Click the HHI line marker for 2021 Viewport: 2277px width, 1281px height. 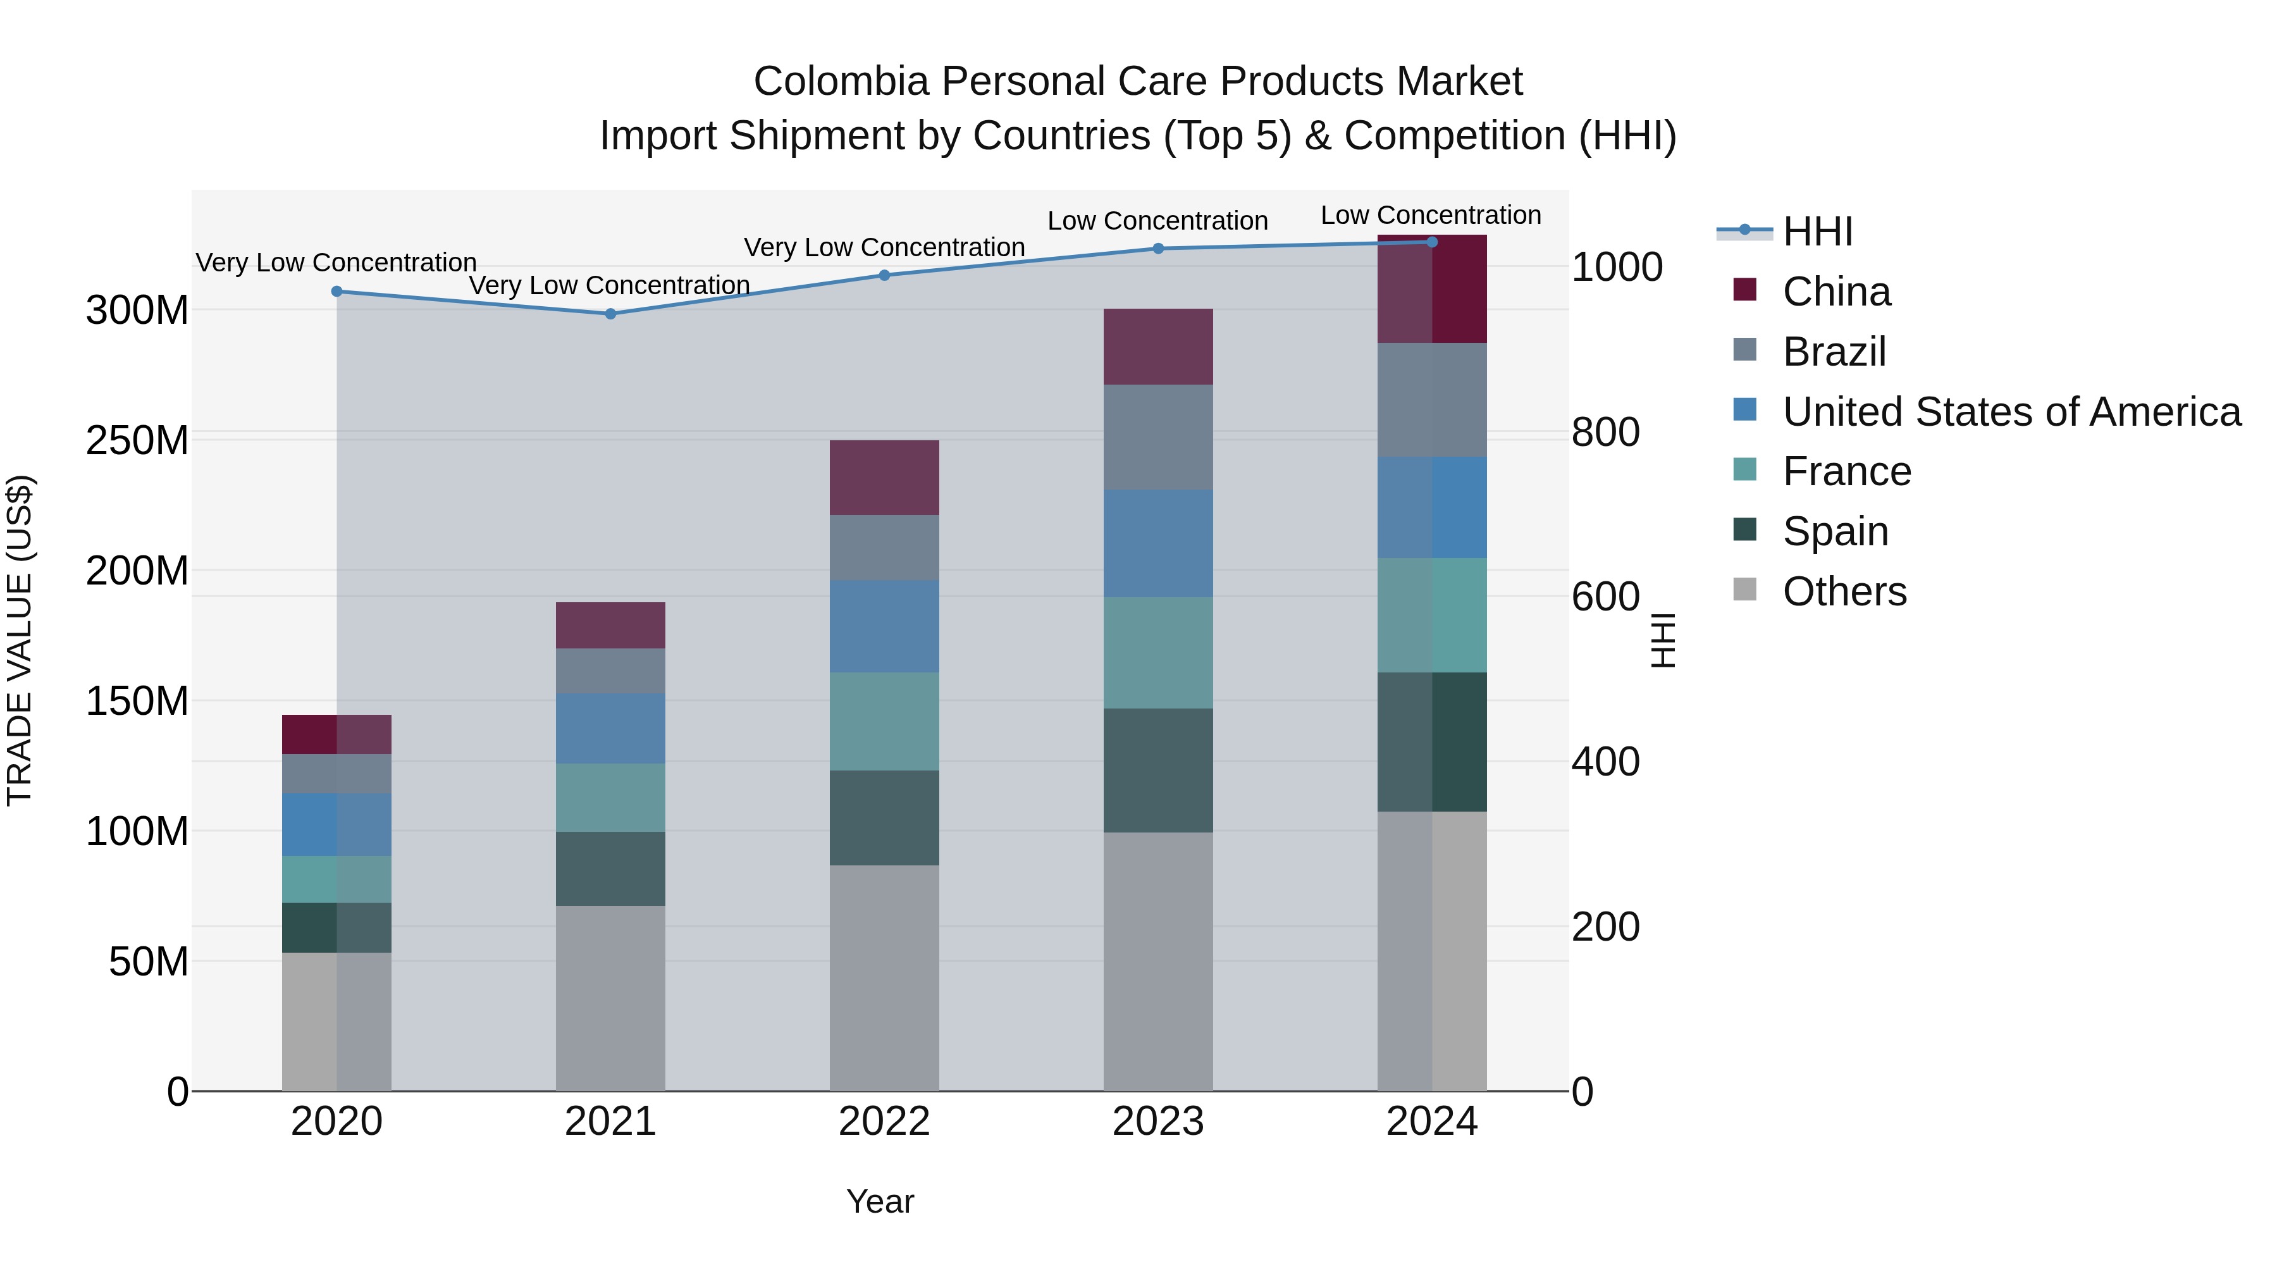pos(610,314)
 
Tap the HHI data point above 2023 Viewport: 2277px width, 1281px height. pos(1158,249)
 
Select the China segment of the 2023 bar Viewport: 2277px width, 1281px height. pos(1158,347)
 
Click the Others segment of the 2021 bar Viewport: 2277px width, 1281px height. pos(610,997)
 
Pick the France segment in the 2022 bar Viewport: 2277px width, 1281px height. pos(884,721)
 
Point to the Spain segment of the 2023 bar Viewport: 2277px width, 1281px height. pos(1158,770)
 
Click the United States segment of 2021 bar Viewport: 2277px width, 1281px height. pos(610,729)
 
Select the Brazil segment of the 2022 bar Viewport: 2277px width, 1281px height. pos(884,547)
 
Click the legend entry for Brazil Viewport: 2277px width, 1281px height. pos(1834,352)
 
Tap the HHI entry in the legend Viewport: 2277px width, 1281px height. pos(1817,232)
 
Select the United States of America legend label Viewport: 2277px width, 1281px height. pos(2011,412)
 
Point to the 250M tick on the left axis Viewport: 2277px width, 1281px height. pos(137,440)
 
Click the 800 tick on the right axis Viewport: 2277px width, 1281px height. pos(1605,432)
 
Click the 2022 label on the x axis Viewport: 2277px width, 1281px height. pos(884,1122)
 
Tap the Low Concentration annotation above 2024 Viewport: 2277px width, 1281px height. pos(1430,215)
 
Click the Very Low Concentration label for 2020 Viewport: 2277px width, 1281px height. pos(336,263)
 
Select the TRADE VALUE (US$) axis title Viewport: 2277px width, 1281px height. pos(20,640)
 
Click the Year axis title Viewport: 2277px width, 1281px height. pos(880,1201)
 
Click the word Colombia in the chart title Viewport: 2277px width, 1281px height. pos(841,82)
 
